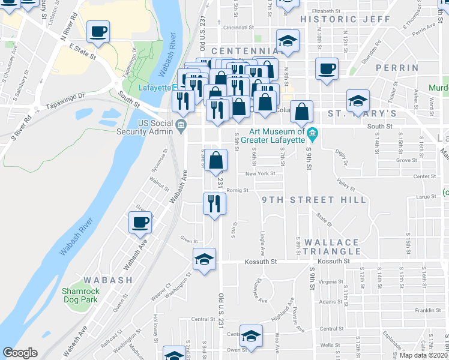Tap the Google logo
pyautogui.click(x=20, y=353)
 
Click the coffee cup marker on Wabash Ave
pyautogui.click(x=140, y=223)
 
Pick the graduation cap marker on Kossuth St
pyautogui.click(x=205, y=260)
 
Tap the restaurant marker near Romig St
pyautogui.click(x=213, y=203)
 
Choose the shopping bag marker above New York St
pyautogui.click(x=217, y=160)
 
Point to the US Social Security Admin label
pyautogui.click(x=158, y=128)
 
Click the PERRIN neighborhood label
pyautogui.click(x=397, y=68)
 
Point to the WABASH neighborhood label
pyautogui.click(x=108, y=280)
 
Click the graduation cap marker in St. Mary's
pyautogui.click(x=358, y=100)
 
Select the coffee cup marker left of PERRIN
pyautogui.click(x=327, y=68)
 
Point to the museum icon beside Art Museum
pyautogui.click(x=312, y=132)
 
